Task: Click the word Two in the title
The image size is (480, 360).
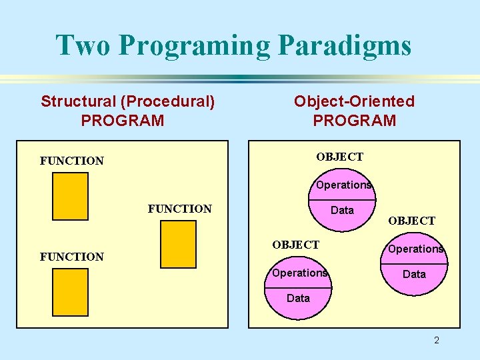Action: point(86,45)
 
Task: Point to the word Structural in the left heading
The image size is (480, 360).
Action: point(78,101)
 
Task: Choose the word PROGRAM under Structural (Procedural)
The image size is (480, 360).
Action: point(122,121)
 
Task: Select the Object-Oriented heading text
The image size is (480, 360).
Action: point(354,101)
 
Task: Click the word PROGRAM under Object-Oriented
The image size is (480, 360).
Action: point(354,121)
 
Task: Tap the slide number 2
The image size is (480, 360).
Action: point(437,341)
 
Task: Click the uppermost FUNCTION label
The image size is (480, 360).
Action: point(72,161)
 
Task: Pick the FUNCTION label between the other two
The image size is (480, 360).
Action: point(179,209)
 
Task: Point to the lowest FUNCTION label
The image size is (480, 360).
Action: point(72,257)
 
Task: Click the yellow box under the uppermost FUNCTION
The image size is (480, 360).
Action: point(70,196)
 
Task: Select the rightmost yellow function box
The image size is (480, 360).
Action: point(178,244)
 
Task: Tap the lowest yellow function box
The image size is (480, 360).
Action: point(70,291)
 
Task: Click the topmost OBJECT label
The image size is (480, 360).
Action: point(340,157)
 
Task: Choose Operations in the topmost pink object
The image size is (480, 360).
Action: point(344,185)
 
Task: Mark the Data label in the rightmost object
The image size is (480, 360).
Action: point(414,274)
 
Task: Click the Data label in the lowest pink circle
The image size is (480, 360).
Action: point(298,298)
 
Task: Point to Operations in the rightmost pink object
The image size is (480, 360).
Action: point(416,249)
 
